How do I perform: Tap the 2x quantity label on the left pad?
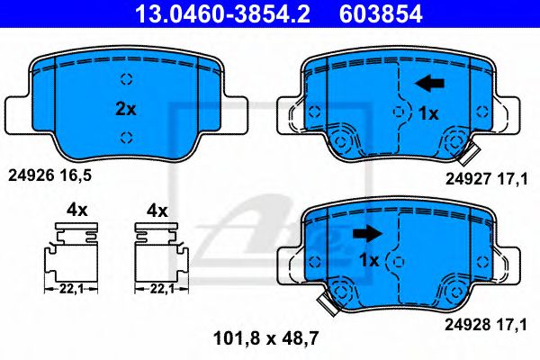click(125, 109)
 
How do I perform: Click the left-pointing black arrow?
click(429, 84)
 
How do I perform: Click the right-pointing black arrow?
click(366, 234)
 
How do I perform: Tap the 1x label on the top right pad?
click(428, 114)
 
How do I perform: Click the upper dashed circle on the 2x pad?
click(126, 77)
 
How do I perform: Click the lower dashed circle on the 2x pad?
click(126, 137)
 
